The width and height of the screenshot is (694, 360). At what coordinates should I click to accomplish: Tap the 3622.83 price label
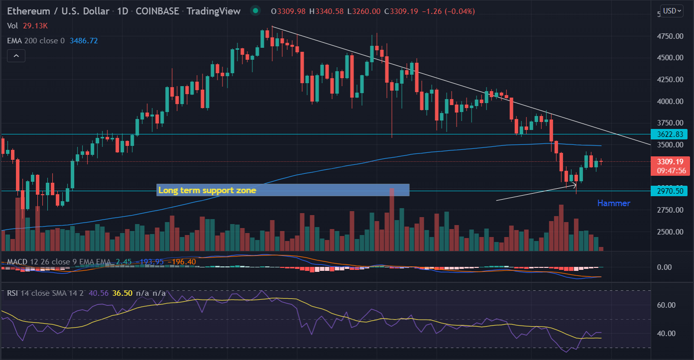[670, 134]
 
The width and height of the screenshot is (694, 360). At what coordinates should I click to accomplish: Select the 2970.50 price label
[670, 191]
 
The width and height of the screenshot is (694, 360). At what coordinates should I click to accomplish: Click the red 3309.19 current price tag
[670, 162]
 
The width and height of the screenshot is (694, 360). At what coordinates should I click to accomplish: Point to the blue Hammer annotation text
[613, 203]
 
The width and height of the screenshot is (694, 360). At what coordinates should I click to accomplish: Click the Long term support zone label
[207, 190]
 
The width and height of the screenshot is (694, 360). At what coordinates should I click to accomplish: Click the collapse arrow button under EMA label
[16, 56]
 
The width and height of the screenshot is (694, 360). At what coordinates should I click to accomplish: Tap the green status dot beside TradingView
[255, 10]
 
